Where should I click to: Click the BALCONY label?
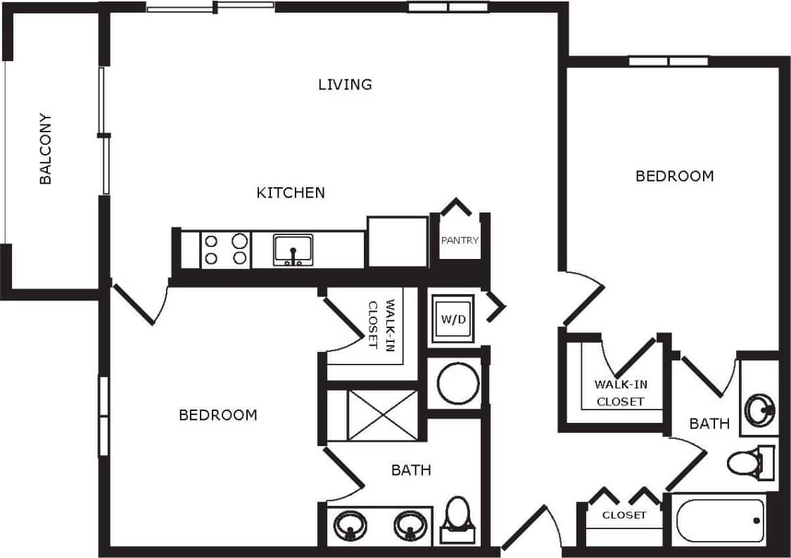click(46, 148)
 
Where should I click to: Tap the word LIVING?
click(345, 84)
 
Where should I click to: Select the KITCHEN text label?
click(291, 192)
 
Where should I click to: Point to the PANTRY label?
click(460, 240)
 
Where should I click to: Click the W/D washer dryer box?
click(453, 319)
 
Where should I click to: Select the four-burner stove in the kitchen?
click(226, 249)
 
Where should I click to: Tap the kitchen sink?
click(293, 250)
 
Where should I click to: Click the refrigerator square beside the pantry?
click(398, 241)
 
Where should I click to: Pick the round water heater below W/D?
click(458, 383)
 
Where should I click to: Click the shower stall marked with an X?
click(382, 415)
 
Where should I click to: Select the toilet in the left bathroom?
click(458, 519)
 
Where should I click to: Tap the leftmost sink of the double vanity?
click(349, 524)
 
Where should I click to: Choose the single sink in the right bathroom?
click(759, 407)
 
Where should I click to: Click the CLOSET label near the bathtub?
click(624, 515)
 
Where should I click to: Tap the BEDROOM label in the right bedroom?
click(674, 176)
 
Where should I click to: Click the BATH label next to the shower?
click(411, 469)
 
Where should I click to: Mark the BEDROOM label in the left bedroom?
click(218, 415)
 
